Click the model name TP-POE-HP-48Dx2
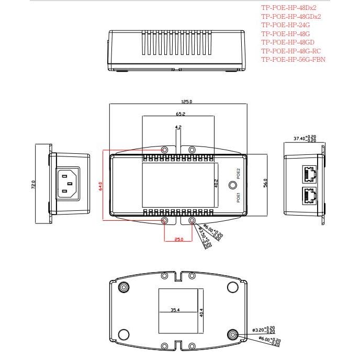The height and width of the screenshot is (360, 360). tap(288, 8)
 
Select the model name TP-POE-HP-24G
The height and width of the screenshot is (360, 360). tap(285, 25)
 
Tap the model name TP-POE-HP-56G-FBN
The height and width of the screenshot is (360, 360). tap(293, 59)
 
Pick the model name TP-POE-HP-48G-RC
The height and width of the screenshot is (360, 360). tap(291, 51)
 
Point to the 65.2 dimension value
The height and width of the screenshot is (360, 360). tap(180, 114)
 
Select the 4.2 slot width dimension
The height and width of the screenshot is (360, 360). tap(178, 127)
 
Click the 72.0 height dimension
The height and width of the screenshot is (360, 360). tap(33, 184)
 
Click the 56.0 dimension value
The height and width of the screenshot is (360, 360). tap(265, 183)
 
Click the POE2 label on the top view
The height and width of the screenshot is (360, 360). tap(238, 174)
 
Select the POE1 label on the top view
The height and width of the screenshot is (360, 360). tap(238, 197)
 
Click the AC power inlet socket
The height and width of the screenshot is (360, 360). tap(69, 185)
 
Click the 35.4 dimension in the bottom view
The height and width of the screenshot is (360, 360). tap(175, 310)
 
